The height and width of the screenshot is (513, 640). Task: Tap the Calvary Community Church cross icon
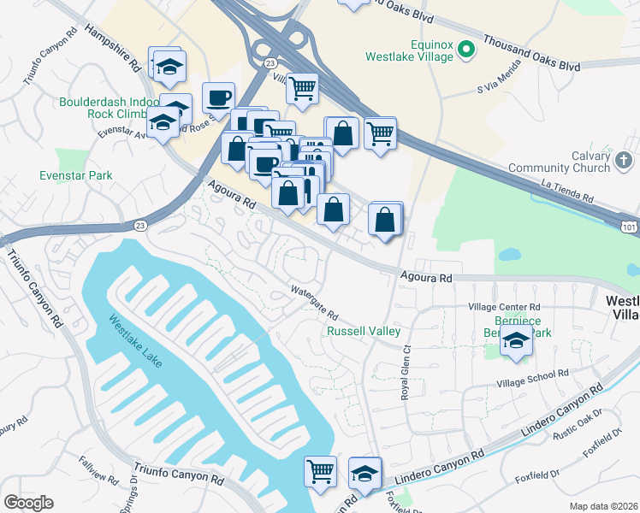point(625,160)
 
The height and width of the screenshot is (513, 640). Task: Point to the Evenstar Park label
point(76,175)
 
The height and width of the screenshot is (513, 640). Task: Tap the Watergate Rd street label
point(315,304)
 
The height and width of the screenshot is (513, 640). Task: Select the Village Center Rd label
point(505,306)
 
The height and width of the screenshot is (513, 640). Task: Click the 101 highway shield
point(628,224)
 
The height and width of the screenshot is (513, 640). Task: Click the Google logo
point(28,503)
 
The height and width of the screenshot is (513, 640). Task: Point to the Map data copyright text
point(604,506)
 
